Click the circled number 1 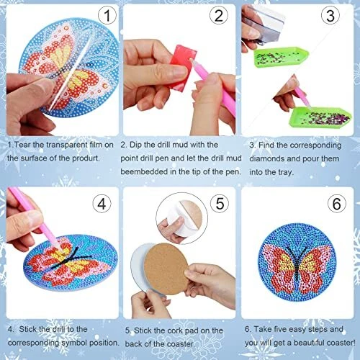point(107,16)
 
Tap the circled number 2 point(219,15)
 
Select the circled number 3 point(330,15)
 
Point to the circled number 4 point(102,204)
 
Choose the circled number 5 point(220,203)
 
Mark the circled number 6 point(337,204)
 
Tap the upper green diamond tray point(281,57)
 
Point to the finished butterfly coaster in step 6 point(297,262)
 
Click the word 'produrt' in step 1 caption point(86,158)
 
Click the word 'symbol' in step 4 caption point(74,343)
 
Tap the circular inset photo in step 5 point(181,218)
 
